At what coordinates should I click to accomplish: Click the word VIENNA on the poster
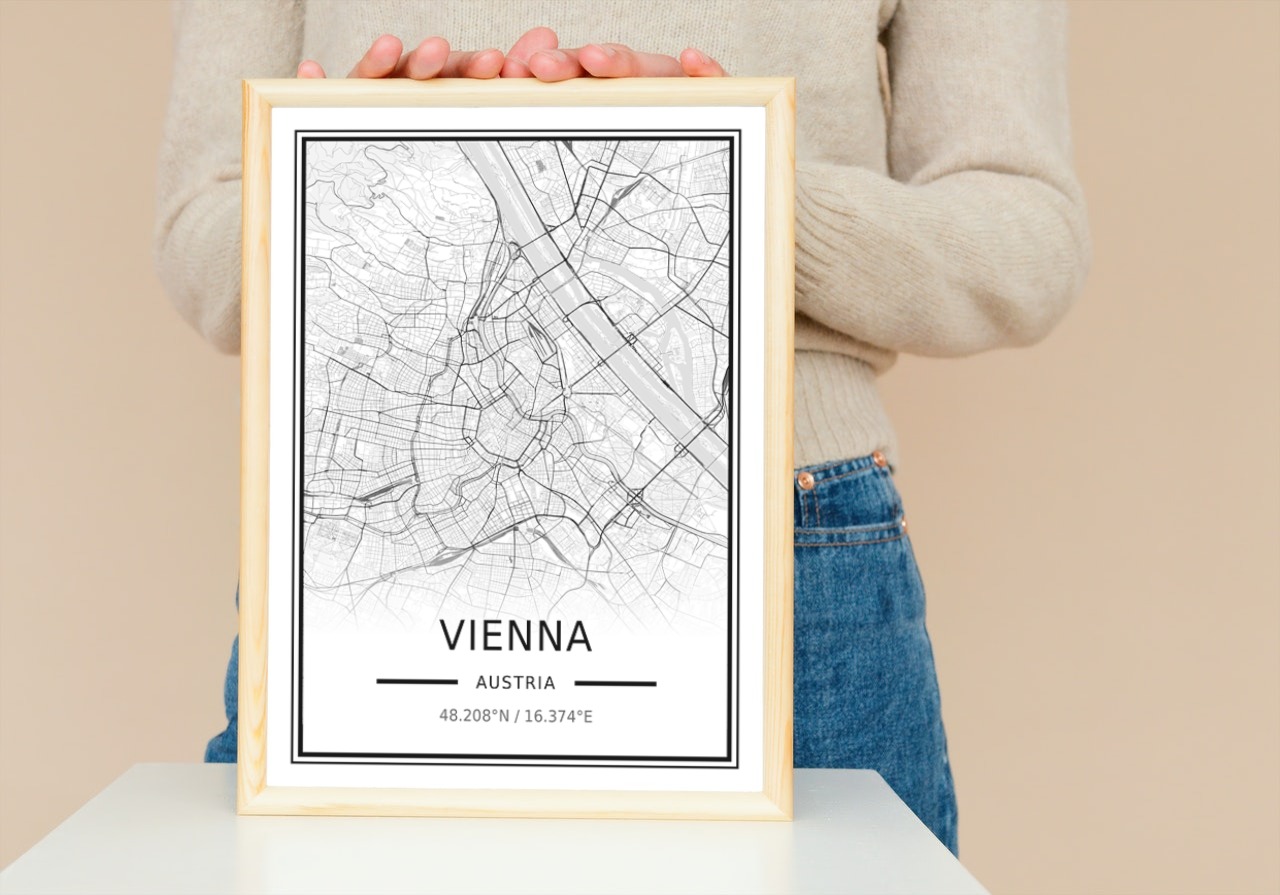pos(515,636)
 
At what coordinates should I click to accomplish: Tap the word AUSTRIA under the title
pos(515,683)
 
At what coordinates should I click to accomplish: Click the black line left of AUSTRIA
pos(416,683)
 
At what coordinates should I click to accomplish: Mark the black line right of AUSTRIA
pos(615,683)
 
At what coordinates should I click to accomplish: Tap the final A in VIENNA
pos(578,636)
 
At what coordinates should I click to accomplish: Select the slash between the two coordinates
pos(516,716)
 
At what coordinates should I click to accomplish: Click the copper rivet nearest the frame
pos(806,480)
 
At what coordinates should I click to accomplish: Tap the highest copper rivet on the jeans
pos(879,459)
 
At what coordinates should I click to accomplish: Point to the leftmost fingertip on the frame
pos(310,70)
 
